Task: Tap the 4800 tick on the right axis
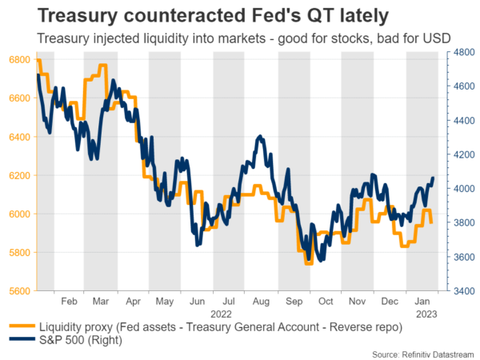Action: click(460, 51)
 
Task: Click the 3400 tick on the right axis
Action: click(460, 291)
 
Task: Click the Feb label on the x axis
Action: click(70, 303)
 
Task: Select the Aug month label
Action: click(261, 303)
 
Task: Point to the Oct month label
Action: click(326, 303)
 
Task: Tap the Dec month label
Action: click(390, 303)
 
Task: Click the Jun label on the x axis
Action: click(197, 303)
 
